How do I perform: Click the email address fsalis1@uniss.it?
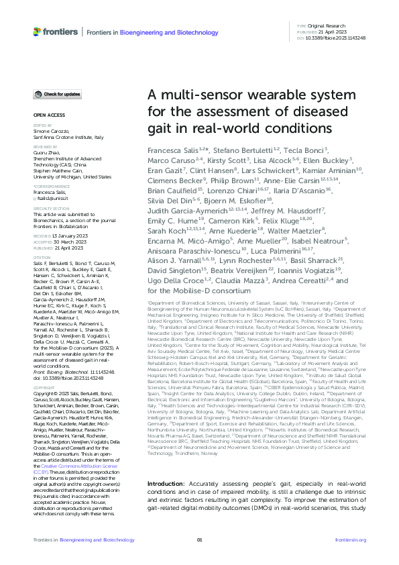(52, 197)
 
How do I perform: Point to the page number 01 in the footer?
(199, 539)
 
